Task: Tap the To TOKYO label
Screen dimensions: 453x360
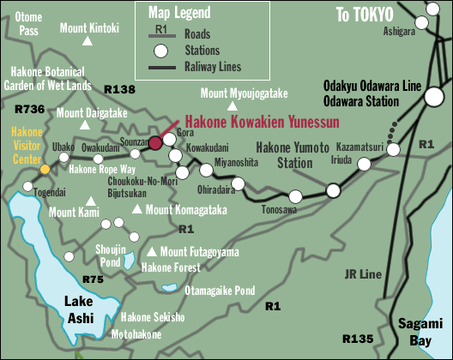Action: coord(365,15)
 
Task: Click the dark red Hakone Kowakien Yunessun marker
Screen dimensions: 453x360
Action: coord(155,142)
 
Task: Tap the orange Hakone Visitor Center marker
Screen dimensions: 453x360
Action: coord(45,170)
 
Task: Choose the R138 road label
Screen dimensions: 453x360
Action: coord(118,88)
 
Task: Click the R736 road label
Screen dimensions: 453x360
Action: coord(30,109)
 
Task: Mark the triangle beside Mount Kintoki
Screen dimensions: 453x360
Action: coord(89,40)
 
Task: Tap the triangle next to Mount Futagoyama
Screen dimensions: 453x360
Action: coord(152,252)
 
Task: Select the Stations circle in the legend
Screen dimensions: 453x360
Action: coord(160,50)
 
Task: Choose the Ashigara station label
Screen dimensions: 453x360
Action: coord(399,31)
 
